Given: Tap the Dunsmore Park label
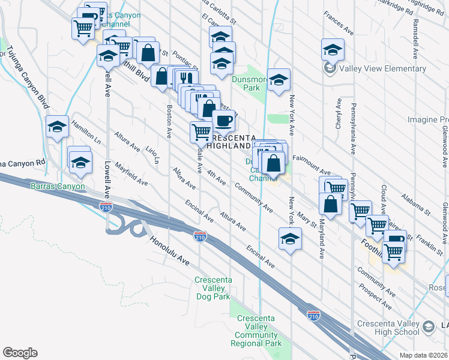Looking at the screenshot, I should [246, 83].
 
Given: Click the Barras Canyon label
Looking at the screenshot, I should [57, 186].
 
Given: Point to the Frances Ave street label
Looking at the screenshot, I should [338, 22].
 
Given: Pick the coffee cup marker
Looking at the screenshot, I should [223, 120].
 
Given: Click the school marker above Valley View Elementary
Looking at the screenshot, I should [332, 49].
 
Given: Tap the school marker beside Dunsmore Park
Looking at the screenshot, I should [279, 80].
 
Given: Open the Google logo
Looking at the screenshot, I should [20, 353].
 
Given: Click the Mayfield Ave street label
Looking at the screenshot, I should [131, 174].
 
